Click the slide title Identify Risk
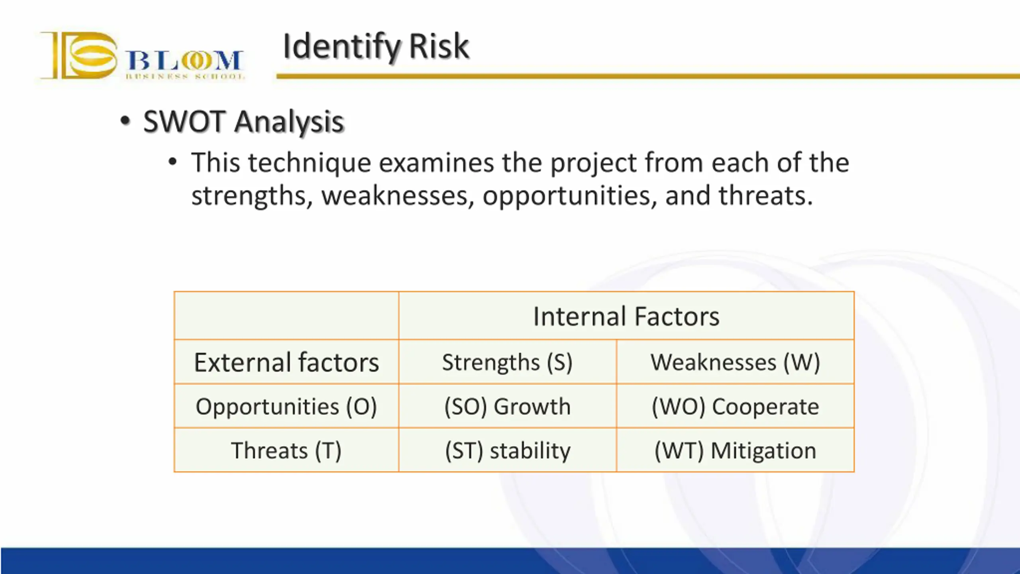[376, 47]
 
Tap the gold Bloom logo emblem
[79, 55]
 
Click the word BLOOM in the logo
[184, 61]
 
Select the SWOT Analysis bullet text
[243, 122]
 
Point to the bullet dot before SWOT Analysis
[125, 120]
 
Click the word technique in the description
[310, 163]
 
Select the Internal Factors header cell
[626, 316]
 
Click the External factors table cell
[286, 362]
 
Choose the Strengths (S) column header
[508, 362]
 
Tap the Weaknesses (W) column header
[735, 362]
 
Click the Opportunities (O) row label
[286, 407]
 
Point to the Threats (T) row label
[286, 450]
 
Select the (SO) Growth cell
[508, 407]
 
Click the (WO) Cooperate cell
[735, 407]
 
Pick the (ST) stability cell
[508, 450]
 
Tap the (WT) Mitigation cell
[735, 450]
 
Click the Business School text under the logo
[185, 76]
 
